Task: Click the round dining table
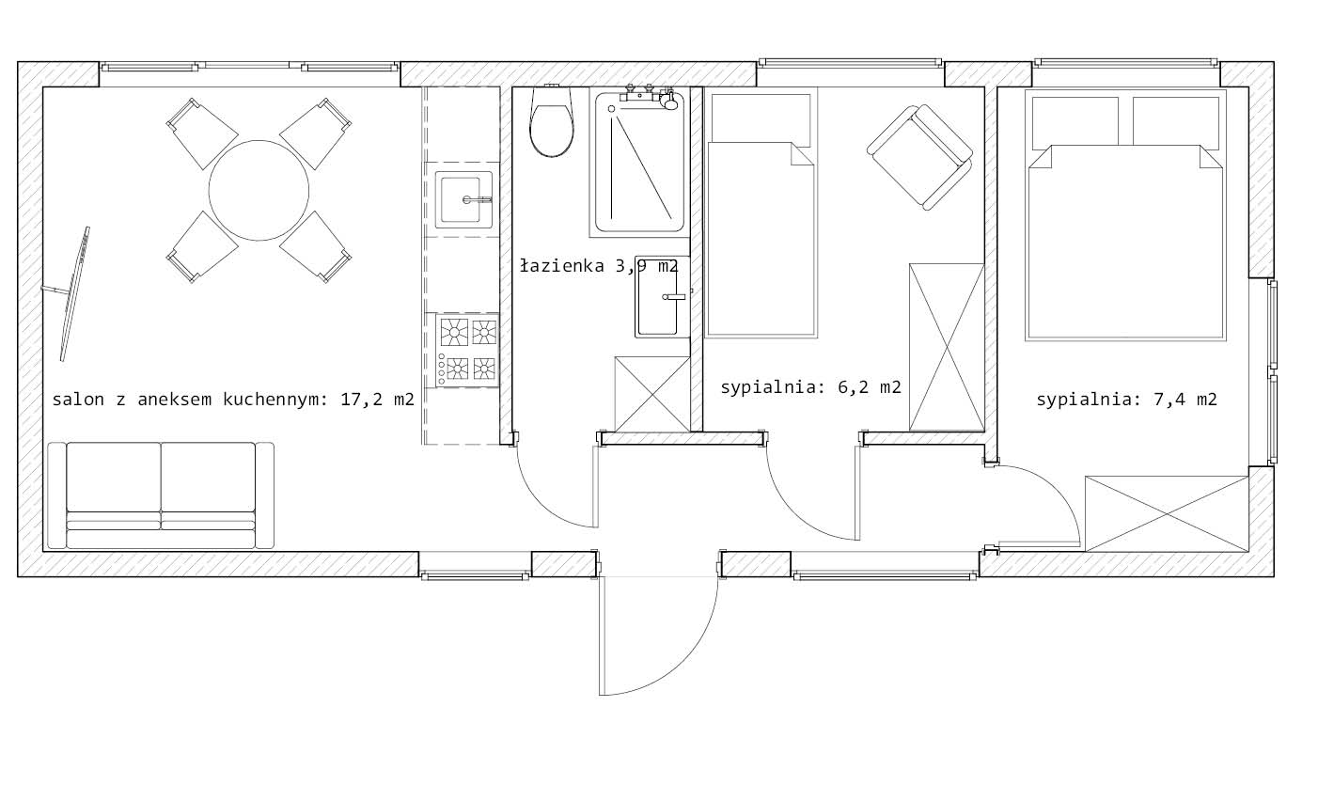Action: click(259, 190)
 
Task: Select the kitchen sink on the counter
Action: click(463, 199)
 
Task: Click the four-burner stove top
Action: click(467, 350)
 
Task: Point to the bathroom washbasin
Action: click(663, 297)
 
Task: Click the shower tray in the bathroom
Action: click(639, 162)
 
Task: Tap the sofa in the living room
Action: click(161, 495)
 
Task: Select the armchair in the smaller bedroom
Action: click(919, 157)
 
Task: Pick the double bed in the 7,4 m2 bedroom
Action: click(1125, 214)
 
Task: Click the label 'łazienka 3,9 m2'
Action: click(599, 266)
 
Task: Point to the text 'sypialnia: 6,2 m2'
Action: click(810, 387)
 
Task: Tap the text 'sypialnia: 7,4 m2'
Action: click(1126, 400)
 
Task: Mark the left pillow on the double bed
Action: click(1075, 123)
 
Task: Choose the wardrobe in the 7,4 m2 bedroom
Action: click(1167, 514)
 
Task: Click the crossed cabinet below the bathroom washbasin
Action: click(651, 394)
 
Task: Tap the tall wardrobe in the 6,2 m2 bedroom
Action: click(946, 347)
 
